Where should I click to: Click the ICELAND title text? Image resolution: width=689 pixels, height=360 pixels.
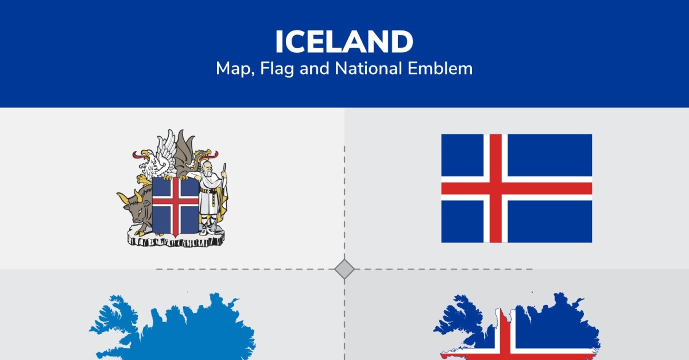pos(344,41)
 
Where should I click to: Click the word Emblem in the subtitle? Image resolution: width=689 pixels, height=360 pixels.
pos(440,68)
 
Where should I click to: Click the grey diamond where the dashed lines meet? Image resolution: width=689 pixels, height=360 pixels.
pos(344,269)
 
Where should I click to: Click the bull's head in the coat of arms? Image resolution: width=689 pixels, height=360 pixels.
pos(134,204)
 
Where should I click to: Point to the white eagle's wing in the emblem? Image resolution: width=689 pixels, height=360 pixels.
pos(166,152)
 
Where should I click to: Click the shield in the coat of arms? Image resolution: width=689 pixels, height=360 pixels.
pos(175,207)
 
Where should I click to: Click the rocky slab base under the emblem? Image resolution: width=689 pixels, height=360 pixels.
pos(176,238)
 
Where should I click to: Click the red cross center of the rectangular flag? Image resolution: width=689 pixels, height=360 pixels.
pos(496,188)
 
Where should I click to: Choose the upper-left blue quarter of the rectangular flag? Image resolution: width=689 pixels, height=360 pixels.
pos(462,156)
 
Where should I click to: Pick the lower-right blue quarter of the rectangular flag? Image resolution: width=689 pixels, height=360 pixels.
pos(549,222)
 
